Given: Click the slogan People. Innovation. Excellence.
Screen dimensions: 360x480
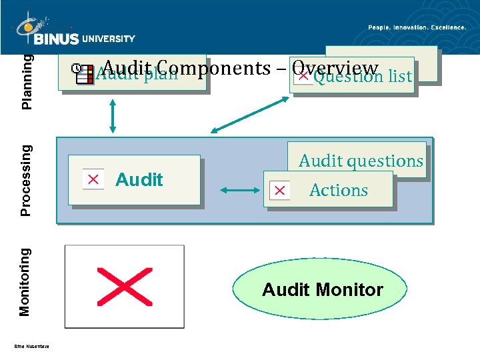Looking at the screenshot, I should click(x=417, y=27).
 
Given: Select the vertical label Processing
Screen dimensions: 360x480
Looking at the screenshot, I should click(x=26, y=180).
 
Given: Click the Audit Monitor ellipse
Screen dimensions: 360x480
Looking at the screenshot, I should click(x=323, y=289).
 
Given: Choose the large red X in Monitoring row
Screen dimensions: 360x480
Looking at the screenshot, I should click(x=124, y=286).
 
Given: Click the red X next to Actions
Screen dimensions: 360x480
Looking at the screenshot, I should click(x=279, y=191).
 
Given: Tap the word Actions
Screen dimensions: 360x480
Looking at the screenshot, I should click(x=339, y=191).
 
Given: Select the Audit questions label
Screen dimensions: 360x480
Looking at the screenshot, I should click(x=361, y=161).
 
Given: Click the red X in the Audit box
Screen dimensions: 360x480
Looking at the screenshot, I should click(x=93, y=179).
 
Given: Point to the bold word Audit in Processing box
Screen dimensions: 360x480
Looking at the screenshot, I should click(x=139, y=179).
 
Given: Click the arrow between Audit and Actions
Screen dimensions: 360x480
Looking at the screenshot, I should click(x=242, y=191).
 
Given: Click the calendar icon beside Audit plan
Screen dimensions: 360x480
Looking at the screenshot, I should click(x=83, y=74).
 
